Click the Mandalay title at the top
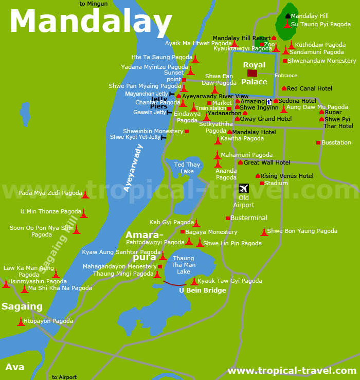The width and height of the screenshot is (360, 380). coord(91,22)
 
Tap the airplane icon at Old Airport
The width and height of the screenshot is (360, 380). coord(244,189)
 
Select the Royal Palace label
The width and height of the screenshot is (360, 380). coord(255,73)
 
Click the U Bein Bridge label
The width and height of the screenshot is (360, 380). coord(203,291)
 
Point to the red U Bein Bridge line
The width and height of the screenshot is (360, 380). coord(175,284)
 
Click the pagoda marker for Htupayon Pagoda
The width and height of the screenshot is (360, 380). coord(21,322)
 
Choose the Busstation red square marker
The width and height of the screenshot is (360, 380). coord(318,142)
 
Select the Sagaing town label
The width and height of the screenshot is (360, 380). coord(22,306)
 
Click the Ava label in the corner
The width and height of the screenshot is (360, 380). coord(14,367)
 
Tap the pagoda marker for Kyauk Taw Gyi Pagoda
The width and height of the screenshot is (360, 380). coord(194,281)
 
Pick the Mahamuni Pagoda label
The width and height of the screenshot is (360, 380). coord(247,154)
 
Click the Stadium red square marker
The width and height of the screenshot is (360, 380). coord(262,183)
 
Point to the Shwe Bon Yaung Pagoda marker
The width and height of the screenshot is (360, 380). coord(264,232)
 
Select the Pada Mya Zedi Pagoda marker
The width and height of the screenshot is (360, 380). coord(85,194)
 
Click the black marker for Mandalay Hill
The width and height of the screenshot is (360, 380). coord(287,16)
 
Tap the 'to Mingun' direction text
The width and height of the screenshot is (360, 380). coord(94,4)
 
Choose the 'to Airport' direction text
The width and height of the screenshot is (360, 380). coord(64,377)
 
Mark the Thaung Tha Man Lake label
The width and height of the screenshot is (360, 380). coord(184,265)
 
